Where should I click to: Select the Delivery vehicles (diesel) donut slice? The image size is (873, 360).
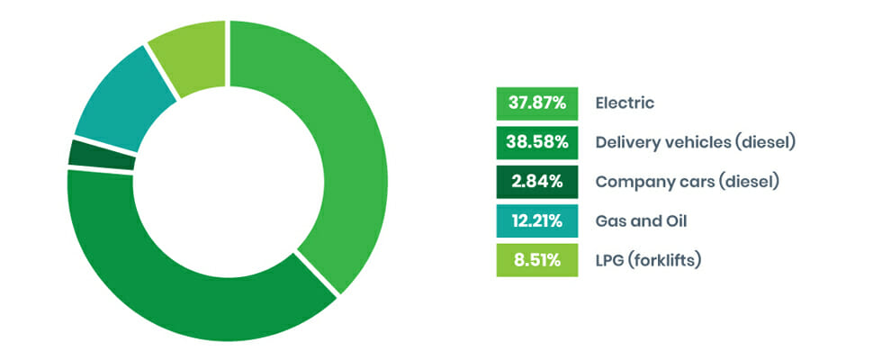point(180,297)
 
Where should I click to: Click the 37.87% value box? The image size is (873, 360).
point(536,103)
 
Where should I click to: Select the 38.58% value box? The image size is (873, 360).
point(536,142)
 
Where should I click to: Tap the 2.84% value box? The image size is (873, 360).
point(536,182)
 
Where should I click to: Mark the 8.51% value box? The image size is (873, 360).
point(536,261)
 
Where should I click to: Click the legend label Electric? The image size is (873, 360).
point(625,103)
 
